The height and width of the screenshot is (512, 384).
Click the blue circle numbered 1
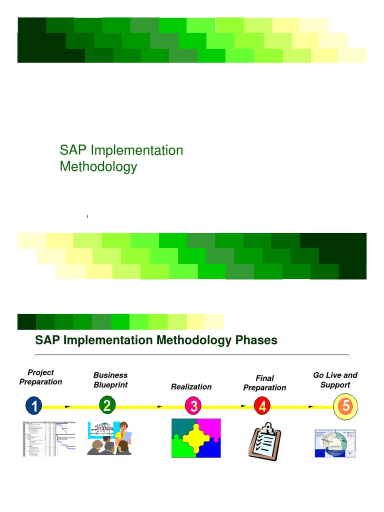pos(33,406)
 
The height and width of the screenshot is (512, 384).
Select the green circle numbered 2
pos(107,405)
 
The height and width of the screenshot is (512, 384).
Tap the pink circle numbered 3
pos(193,406)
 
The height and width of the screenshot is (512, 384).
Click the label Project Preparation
pos(40,377)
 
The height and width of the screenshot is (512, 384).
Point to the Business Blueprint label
pos(110,380)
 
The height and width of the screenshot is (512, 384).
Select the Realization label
pos(191,386)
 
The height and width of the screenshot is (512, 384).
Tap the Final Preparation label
pos(264,383)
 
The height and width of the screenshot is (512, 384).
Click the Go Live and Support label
pos(335,380)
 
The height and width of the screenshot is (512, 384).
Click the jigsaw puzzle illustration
pos(196,438)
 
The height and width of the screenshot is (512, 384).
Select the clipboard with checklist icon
pos(264,440)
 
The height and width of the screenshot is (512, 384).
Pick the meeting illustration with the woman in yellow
pos(109,438)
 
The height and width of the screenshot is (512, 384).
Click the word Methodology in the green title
pos(98,166)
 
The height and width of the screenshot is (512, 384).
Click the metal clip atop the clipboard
pos(268,427)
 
